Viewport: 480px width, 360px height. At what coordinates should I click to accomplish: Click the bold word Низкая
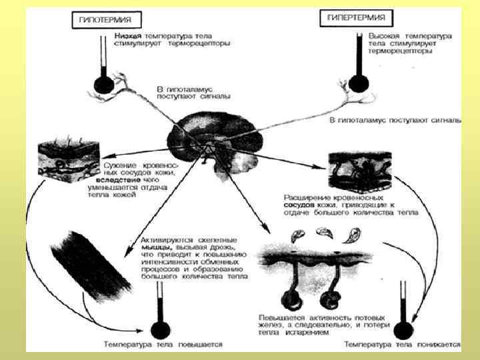click(127, 34)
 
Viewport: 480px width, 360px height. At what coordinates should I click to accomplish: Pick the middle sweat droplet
click(325, 231)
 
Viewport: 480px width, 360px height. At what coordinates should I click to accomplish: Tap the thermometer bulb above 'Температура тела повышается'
click(158, 329)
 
